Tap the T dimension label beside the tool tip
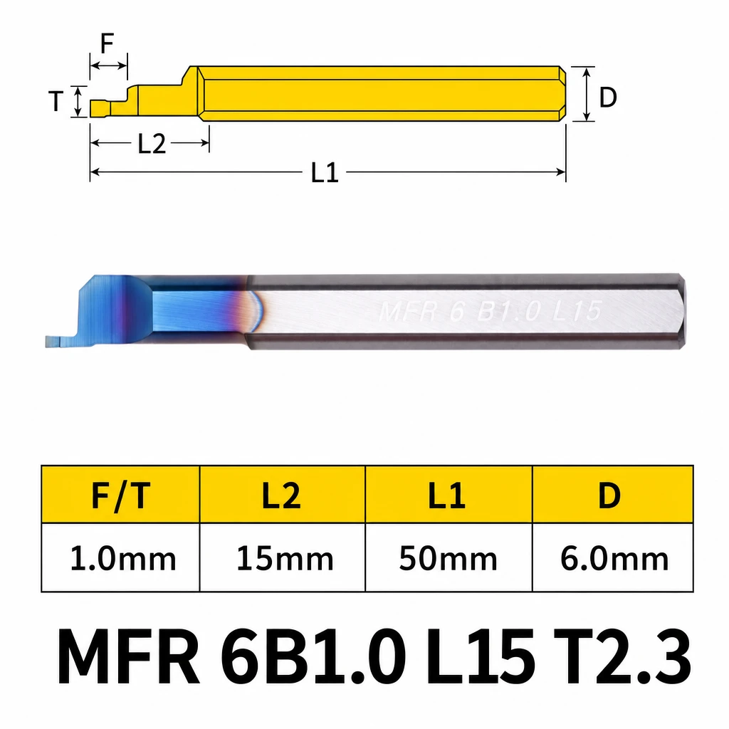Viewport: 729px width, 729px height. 56,101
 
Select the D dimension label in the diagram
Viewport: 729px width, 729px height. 608,98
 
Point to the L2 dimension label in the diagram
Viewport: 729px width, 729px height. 152,144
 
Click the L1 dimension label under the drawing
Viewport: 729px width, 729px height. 325,172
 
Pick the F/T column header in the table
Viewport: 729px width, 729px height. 121,495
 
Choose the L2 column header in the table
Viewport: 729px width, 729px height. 281,495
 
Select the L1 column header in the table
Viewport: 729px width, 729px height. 447,495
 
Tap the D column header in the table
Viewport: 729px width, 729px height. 609,495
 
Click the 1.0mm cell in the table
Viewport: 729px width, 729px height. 123,558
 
